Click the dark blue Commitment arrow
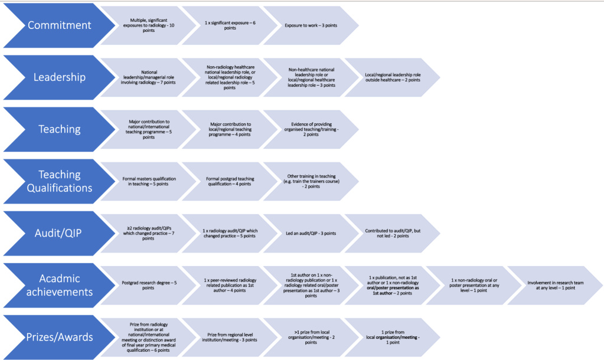59,25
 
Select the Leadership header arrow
59,77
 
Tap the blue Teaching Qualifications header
59,181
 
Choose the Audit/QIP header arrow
59,233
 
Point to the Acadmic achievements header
59,285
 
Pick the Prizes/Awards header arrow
59,337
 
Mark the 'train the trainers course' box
311,181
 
